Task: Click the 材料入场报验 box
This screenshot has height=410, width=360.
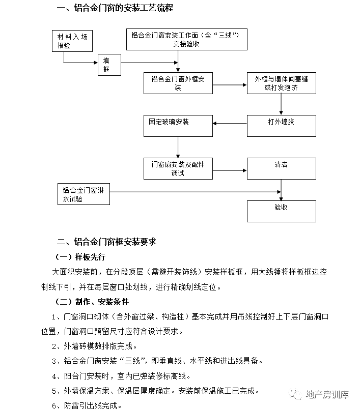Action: (72, 41)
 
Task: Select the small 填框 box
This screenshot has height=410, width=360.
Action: (109, 65)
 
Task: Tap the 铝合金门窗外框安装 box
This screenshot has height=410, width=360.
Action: (178, 83)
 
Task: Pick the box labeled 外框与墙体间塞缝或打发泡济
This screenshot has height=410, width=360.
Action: (282, 83)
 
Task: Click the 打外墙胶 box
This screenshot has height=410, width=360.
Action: (282, 126)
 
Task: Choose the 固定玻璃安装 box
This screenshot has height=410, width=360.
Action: (178, 126)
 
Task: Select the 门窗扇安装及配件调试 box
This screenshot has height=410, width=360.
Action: (178, 168)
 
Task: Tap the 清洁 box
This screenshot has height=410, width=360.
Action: (282, 168)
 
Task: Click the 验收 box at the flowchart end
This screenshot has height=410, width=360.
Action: (282, 211)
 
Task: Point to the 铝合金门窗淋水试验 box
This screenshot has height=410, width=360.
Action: (84, 194)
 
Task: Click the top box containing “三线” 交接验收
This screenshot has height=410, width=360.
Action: (187, 39)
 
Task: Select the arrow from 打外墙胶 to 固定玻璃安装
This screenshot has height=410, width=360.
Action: (230, 124)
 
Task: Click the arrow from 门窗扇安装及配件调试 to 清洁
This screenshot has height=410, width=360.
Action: (230, 170)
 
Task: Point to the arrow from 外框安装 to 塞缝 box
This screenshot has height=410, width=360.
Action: (230, 85)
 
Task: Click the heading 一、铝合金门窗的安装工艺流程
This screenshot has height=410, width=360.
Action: (115, 8)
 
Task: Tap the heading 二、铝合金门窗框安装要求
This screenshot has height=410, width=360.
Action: (106, 241)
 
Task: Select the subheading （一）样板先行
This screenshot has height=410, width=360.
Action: (79, 257)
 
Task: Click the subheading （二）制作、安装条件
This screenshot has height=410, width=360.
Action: (91, 302)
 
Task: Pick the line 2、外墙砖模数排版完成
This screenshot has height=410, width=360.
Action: (95, 346)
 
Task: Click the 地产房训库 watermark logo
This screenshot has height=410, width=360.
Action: (318, 394)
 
